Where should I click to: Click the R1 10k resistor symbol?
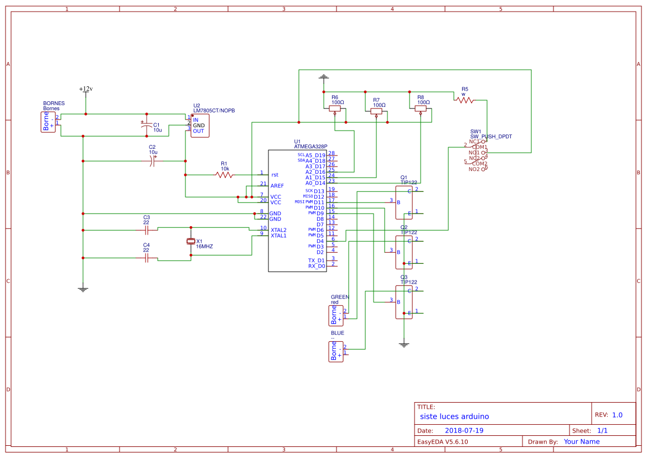click(x=224, y=175)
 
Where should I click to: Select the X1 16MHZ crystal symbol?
click(x=191, y=241)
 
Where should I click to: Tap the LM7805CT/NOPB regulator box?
click(x=200, y=126)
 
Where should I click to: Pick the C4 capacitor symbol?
click(x=147, y=258)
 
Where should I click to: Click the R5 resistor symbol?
click(x=465, y=100)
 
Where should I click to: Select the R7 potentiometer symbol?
click(x=376, y=111)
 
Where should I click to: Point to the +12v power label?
click(x=86, y=89)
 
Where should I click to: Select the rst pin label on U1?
click(x=275, y=175)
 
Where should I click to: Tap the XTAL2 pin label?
click(x=278, y=230)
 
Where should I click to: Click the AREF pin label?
click(x=277, y=186)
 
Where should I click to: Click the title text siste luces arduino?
click(x=454, y=417)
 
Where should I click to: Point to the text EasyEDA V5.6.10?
click(x=442, y=441)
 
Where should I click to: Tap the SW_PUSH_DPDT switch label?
click(x=491, y=136)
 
